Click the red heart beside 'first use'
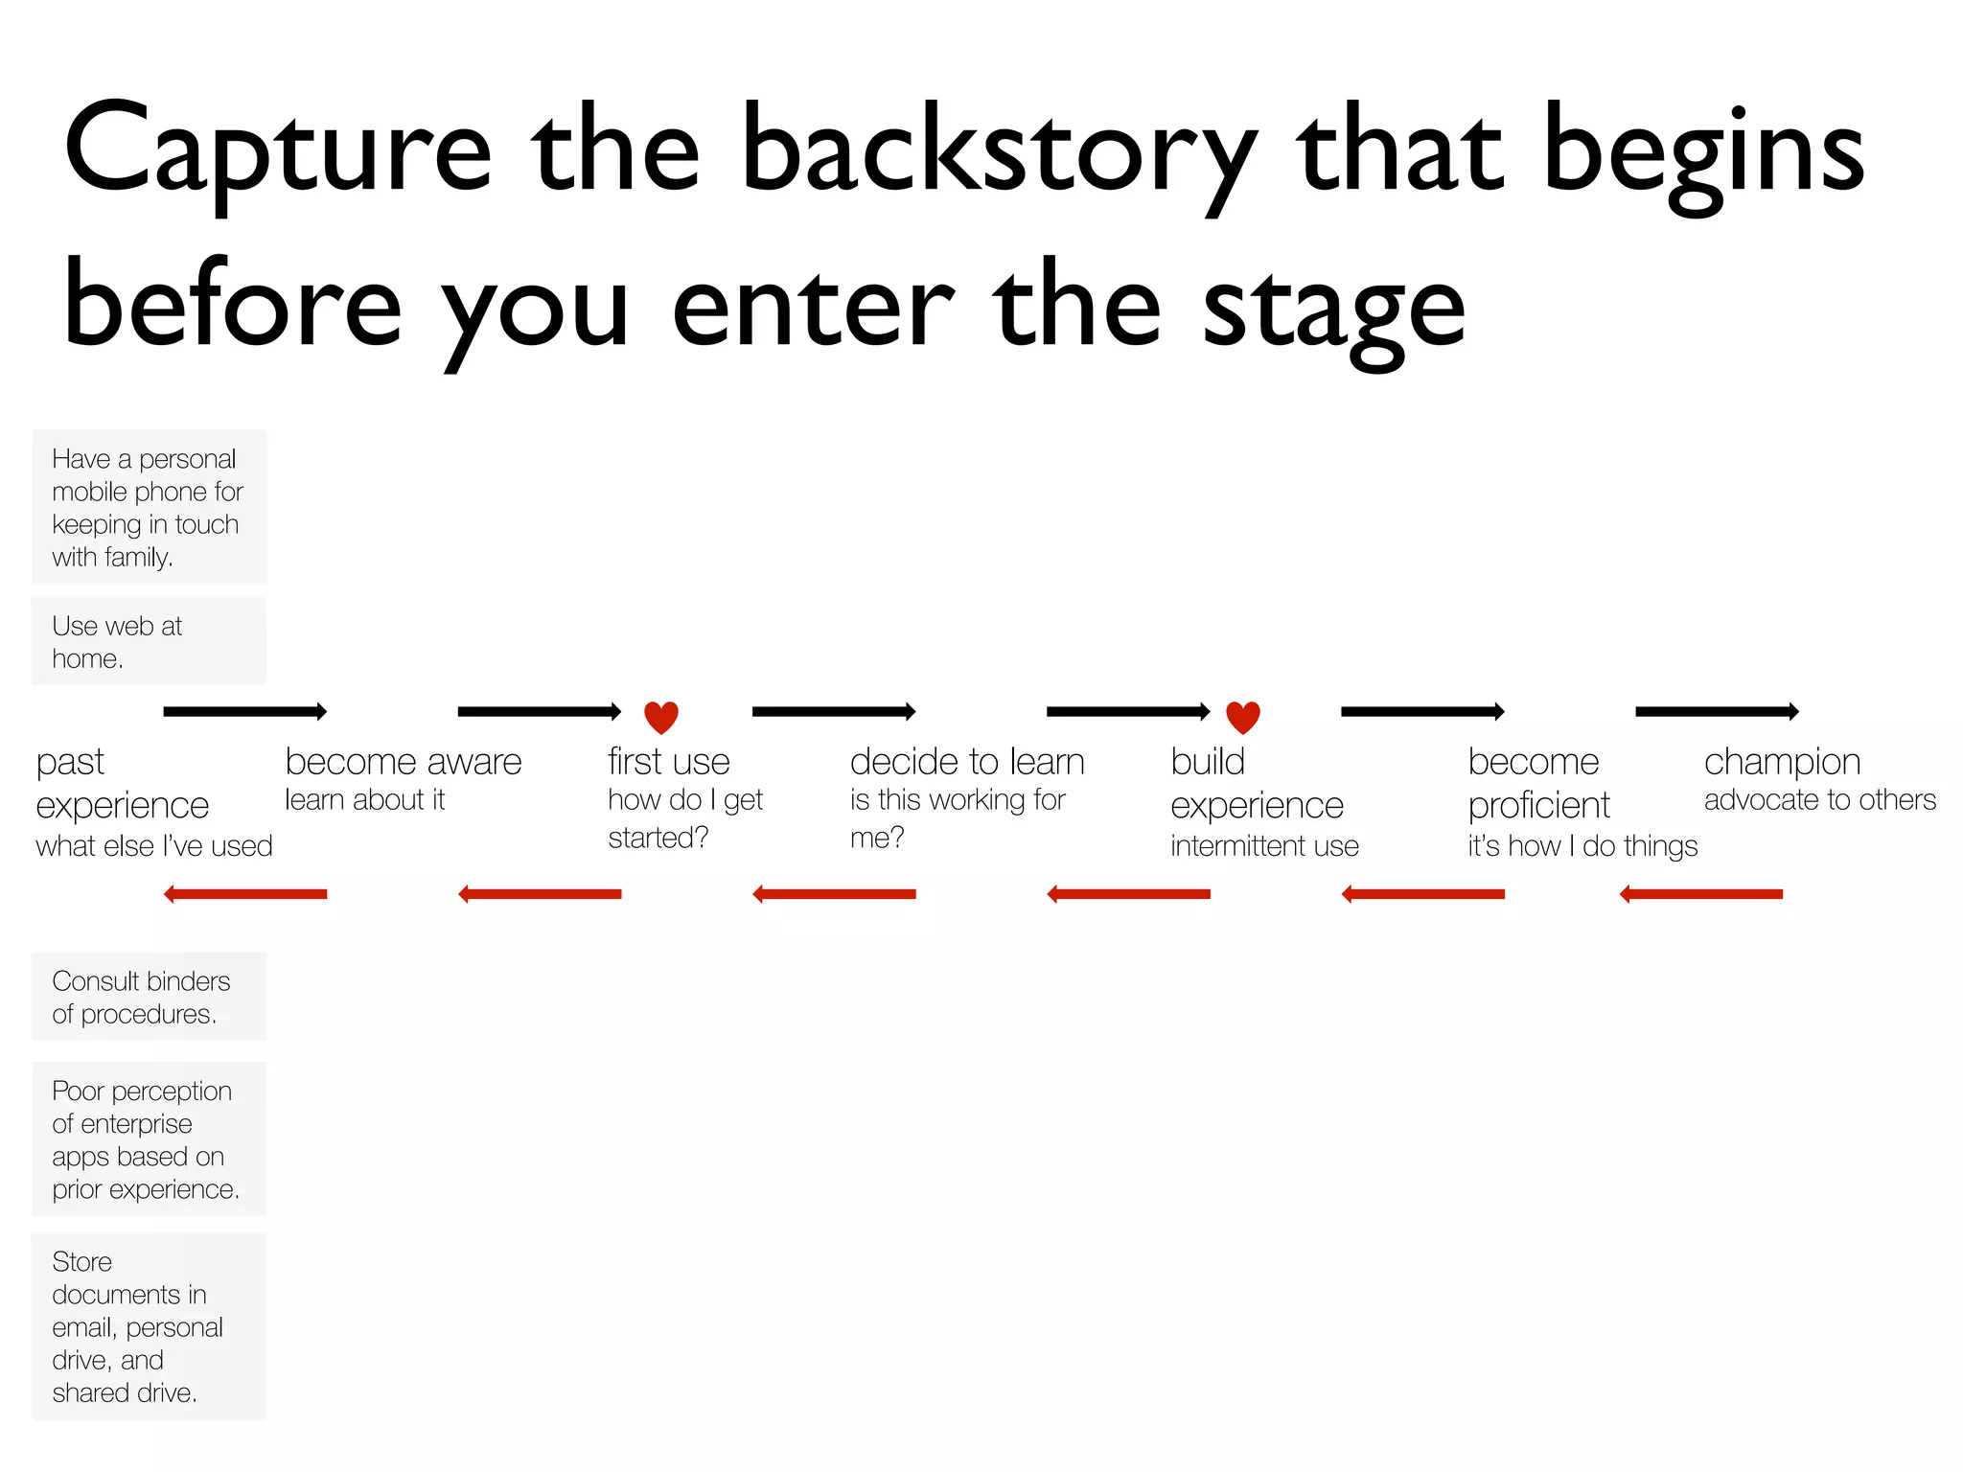(661, 717)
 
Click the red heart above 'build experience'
(1243, 717)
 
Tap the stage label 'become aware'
(404, 762)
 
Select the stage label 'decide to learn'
(967, 762)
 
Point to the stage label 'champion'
(1782, 762)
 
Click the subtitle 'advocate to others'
(1819, 800)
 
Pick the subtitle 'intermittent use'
(1264, 846)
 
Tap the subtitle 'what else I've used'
(154, 846)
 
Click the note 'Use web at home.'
(150, 641)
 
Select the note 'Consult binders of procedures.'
(150, 997)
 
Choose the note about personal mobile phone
(150, 507)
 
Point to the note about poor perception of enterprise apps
(150, 1139)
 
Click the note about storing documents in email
(150, 1326)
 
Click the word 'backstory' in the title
(998, 153)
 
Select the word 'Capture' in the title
(277, 153)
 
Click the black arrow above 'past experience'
(245, 711)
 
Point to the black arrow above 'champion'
(1717, 711)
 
